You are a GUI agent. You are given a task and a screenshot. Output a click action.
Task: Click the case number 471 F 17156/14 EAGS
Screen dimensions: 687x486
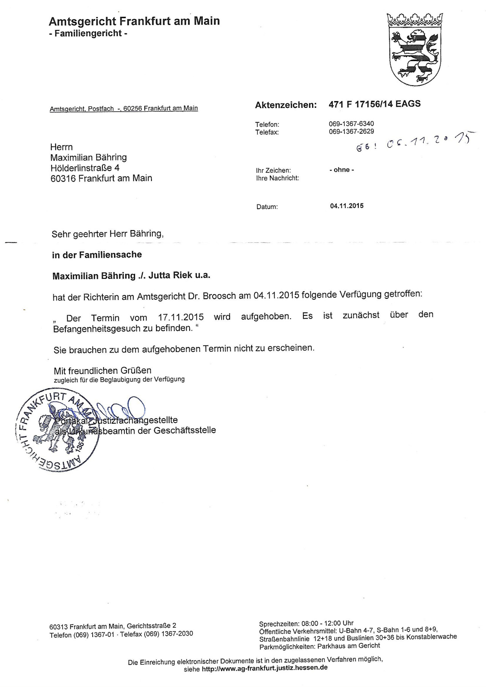coord(374,104)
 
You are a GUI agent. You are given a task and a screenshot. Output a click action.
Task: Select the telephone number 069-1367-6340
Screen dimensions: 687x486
coord(351,124)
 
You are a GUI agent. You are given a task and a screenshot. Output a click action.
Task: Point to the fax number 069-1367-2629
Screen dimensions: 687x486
coord(351,131)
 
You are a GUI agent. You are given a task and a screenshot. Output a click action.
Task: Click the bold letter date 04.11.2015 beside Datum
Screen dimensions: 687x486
coord(347,206)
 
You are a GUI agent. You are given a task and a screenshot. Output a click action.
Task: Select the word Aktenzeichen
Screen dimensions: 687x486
coord(286,105)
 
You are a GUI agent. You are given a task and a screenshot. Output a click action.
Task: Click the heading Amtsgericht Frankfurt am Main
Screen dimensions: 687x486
coord(134,21)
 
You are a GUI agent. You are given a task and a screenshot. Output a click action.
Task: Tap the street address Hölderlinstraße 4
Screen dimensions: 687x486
coord(85,167)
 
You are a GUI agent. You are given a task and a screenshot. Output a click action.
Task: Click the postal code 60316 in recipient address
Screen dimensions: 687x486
coord(63,178)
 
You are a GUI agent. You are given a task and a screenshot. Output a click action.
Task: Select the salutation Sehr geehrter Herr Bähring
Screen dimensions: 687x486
coord(107,234)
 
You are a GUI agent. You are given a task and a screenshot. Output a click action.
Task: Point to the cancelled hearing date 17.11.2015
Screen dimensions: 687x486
coord(181,317)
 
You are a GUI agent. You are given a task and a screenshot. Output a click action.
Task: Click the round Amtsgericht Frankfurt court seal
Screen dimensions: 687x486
coord(57,430)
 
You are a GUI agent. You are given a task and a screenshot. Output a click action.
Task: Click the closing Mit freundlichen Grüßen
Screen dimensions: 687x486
coord(103,370)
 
